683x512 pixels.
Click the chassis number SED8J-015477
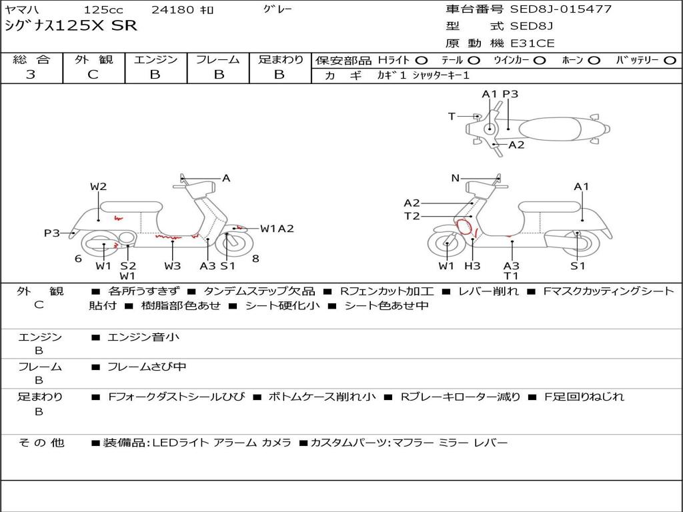[560, 9]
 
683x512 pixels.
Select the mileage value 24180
[173, 10]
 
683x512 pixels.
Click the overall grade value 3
[31, 75]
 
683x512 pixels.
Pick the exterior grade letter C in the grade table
[93, 75]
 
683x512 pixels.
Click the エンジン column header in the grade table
[155, 60]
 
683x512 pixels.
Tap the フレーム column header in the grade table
[217, 60]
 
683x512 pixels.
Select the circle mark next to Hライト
[422, 61]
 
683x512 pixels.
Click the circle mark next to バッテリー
[670, 61]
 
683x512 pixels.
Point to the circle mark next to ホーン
[594, 61]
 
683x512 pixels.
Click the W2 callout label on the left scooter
[99, 187]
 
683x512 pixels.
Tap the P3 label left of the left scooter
[52, 233]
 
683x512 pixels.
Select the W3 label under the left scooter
[173, 266]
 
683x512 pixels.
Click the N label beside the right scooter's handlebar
[456, 178]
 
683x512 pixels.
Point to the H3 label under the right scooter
[472, 266]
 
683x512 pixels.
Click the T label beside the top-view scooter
[452, 116]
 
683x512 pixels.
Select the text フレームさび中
[147, 367]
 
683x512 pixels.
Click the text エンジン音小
[143, 337]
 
